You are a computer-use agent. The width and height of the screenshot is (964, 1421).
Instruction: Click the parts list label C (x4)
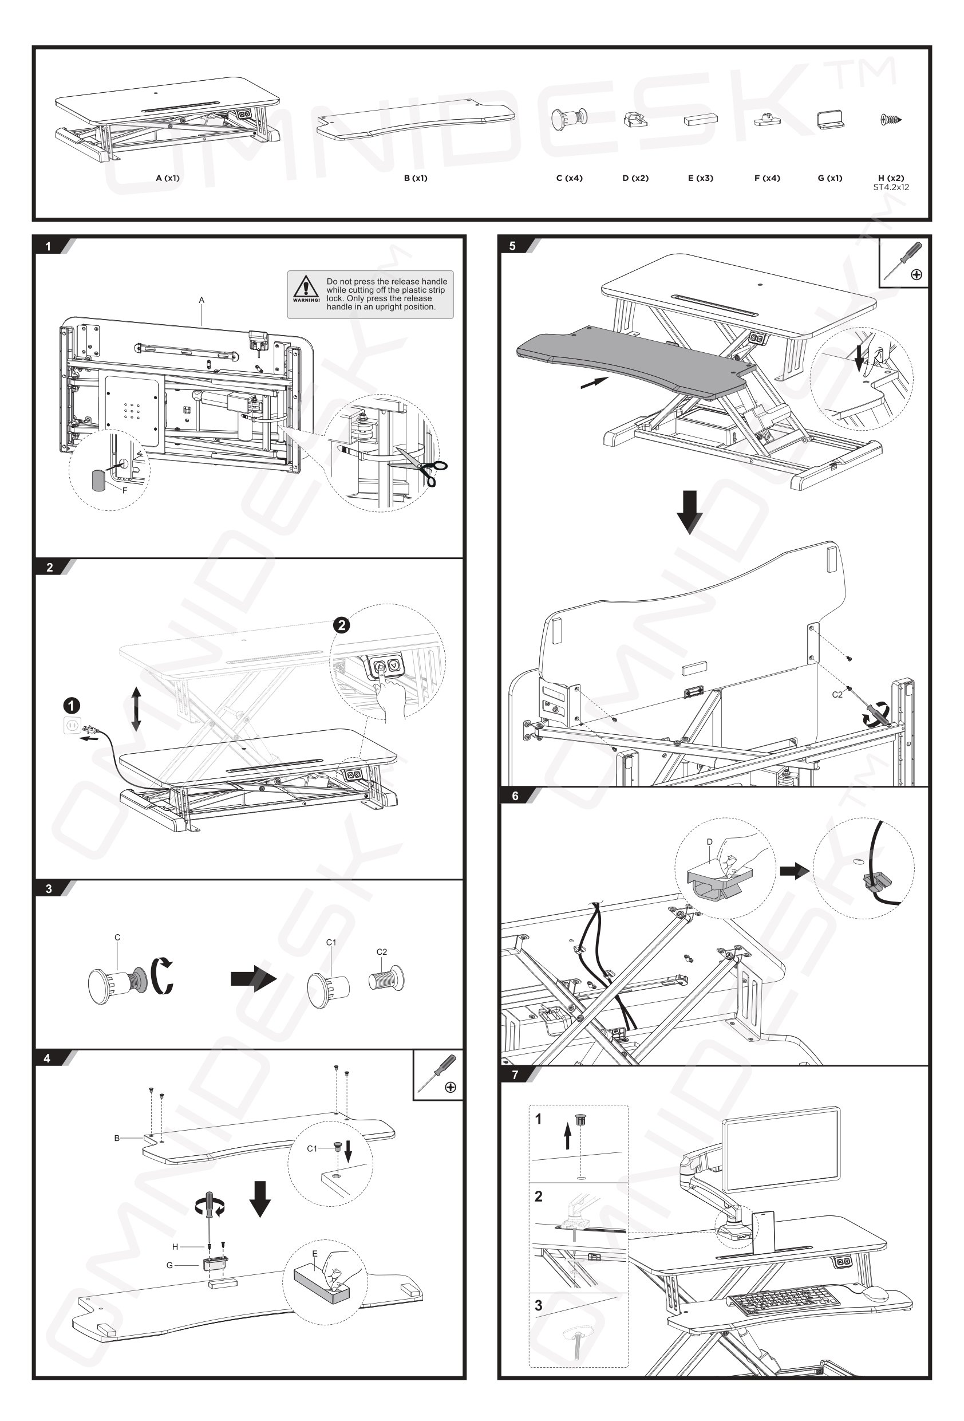pos(568,178)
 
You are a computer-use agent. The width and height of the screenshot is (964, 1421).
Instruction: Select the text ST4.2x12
pos(891,187)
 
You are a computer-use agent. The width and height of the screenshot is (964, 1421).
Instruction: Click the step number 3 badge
pos(49,888)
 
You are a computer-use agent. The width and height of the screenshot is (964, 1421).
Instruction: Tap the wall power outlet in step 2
pos(72,726)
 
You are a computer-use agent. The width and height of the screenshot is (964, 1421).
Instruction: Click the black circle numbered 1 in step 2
pos(72,706)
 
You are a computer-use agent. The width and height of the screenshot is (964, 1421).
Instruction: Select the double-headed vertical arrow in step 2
pos(136,708)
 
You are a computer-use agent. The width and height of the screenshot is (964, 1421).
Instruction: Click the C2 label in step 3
pos(381,951)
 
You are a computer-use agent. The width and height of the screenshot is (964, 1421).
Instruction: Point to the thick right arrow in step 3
pos(253,978)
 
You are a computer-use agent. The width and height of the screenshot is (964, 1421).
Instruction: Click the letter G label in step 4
pos(169,1265)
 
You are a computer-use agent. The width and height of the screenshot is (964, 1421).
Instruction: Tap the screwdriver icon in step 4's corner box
pos(438,1074)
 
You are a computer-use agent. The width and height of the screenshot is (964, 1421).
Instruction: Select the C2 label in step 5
pos(837,695)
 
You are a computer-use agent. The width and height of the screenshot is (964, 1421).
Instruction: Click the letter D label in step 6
pos(709,842)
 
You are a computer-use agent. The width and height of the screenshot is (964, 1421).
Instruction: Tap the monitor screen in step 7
pos(781,1149)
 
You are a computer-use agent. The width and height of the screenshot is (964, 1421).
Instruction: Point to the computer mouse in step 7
pos(875,1293)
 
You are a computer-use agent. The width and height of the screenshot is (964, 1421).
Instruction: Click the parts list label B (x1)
pos(415,178)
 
